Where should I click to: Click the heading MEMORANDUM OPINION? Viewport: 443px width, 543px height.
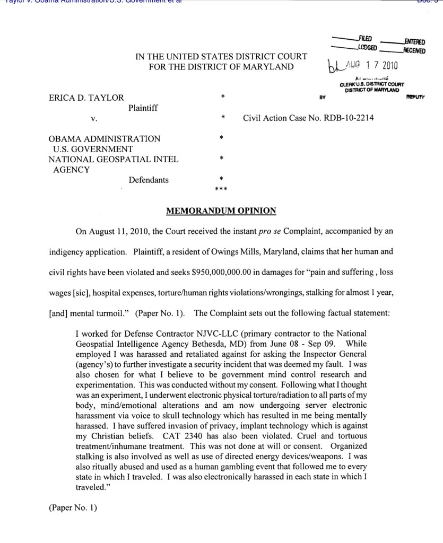pyautogui.click(x=221, y=211)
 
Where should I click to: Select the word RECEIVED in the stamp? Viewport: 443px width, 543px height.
pyautogui.click(x=413, y=50)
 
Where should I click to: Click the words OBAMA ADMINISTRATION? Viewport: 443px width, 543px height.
pyautogui.click(x=105, y=139)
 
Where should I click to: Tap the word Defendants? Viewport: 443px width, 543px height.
pyautogui.click(x=149, y=180)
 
